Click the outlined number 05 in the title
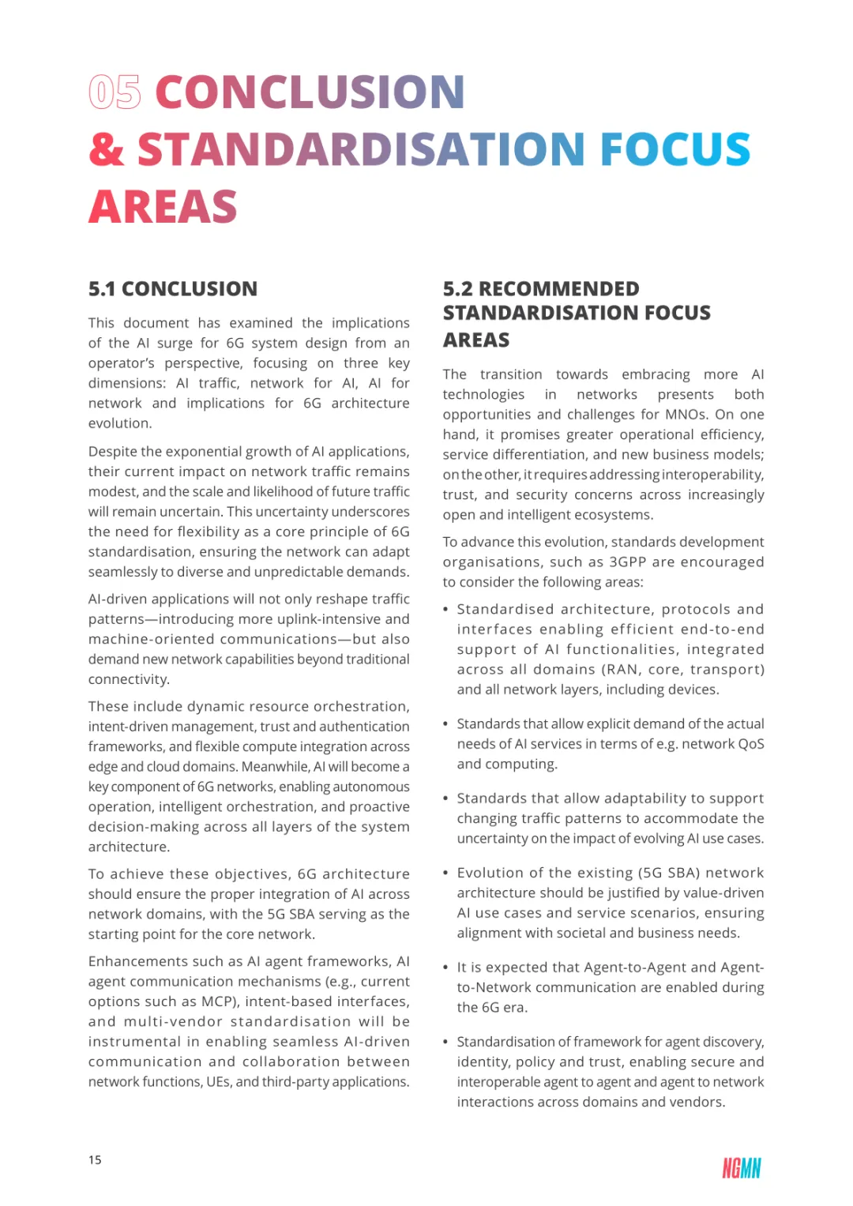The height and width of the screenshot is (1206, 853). (x=115, y=92)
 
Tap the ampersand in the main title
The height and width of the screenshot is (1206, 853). (x=107, y=150)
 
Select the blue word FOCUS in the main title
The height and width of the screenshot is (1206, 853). (x=675, y=150)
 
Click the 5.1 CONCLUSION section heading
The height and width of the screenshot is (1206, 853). (x=173, y=289)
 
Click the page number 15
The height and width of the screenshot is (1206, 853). (x=95, y=1159)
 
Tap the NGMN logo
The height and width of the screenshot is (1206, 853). (x=741, y=1168)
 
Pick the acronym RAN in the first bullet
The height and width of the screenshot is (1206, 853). (x=622, y=669)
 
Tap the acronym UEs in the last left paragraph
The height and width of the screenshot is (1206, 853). (x=217, y=1081)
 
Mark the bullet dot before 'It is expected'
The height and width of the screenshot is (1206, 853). (x=446, y=967)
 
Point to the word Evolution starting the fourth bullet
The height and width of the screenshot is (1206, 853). (x=490, y=872)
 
